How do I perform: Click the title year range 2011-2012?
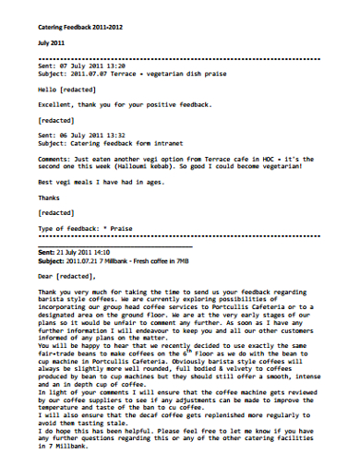click(x=103, y=27)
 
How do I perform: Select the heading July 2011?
click(x=52, y=43)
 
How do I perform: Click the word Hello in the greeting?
click(x=47, y=90)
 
